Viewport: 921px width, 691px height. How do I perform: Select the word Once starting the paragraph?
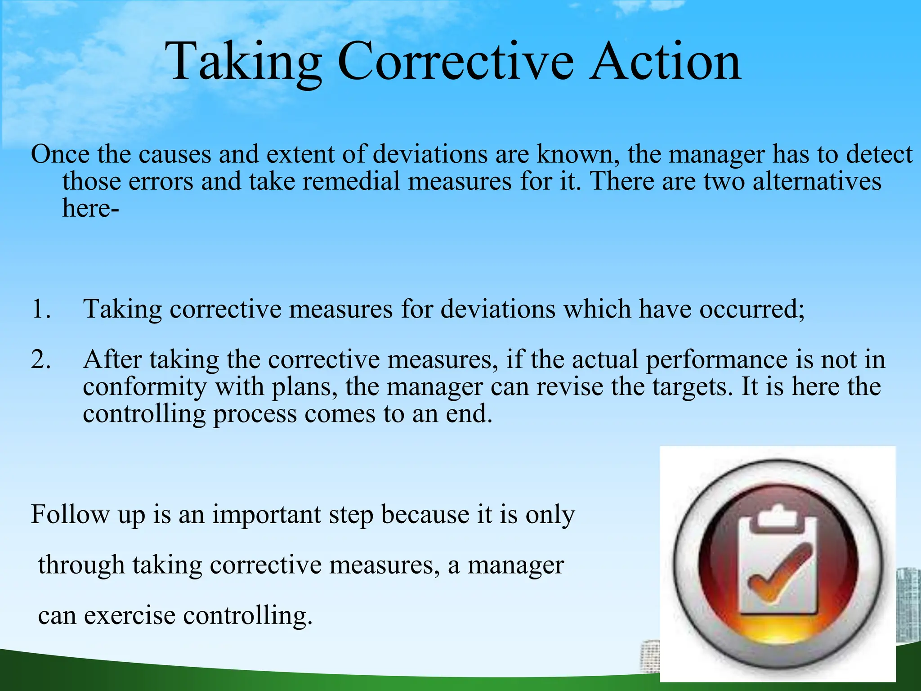(60, 154)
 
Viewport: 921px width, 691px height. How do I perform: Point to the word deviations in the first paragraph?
(430, 154)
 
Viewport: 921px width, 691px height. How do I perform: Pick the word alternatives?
(817, 181)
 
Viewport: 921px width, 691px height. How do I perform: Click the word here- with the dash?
(90, 208)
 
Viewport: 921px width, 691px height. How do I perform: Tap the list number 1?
(41, 310)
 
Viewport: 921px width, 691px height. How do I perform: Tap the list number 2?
(41, 360)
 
